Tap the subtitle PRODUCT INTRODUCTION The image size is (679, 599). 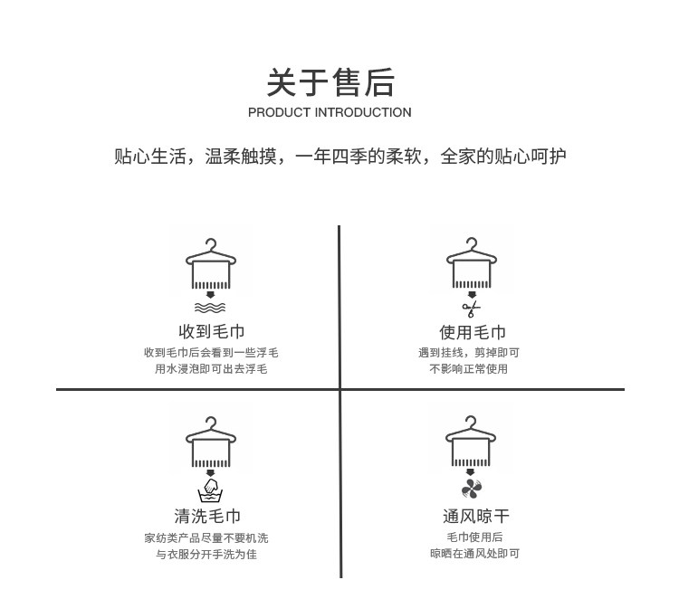pyautogui.click(x=330, y=113)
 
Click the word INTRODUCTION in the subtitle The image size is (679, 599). pyautogui.click(x=362, y=113)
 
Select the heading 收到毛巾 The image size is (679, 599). pyautogui.click(x=211, y=332)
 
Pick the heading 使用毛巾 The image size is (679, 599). pyautogui.click(x=472, y=332)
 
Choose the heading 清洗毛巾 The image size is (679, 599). pyautogui.click(x=207, y=517)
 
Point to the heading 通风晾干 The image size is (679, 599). pyautogui.click(x=475, y=517)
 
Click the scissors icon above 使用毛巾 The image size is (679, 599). pyautogui.click(x=472, y=309)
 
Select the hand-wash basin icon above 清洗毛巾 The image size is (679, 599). pyautogui.click(x=211, y=492)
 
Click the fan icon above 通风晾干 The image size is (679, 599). pyautogui.click(x=472, y=491)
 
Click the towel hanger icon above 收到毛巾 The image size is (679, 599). pyautogui.click(x=211, y=263)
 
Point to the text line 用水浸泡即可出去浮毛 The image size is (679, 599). pyautogui.click(x=211, y=368)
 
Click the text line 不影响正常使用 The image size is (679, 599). pyautogui.click(x=468, y=368)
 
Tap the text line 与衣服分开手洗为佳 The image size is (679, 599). pyautogui.click(x=206, y=554)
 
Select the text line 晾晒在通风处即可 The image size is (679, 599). pyautogui.click(x=474, y=554)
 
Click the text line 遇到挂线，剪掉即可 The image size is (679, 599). pyautogui.click(x=468, y=352)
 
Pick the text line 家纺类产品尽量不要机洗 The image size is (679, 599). pyautogui.click(x=206, y=537)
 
